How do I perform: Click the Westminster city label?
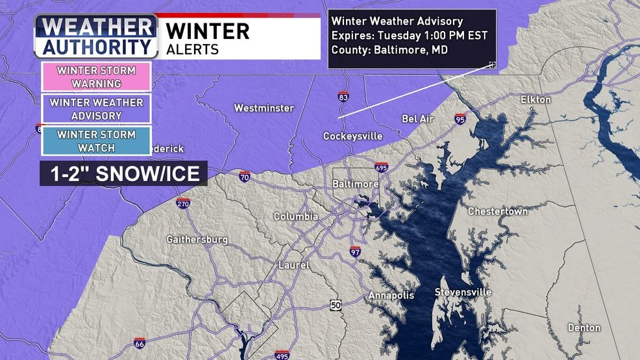[264, 108]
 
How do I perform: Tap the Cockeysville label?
[352, 136]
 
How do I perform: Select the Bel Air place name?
[418, 119]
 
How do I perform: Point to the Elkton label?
[535, 100]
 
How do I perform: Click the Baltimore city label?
[355, 184]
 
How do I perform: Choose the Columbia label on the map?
[295, 216]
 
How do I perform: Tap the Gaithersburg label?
[197, 239]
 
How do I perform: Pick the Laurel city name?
[293, 265]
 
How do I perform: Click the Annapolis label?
[391, 295]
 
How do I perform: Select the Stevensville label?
[463, 292]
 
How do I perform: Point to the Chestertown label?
[498, 212]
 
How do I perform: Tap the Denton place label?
[584, 328]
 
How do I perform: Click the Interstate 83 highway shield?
[342, 97]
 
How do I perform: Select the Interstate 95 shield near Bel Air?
[460, 119]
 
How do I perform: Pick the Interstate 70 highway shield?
[244, 176]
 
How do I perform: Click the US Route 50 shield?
[335, 305]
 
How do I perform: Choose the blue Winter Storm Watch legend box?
[97, 141]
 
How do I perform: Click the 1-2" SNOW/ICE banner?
[123, 174]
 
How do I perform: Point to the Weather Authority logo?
[96, 36]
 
